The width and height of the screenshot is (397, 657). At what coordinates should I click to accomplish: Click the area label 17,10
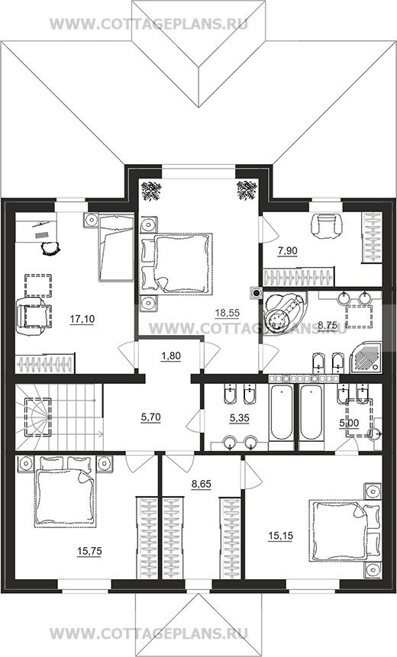tap(82, 319)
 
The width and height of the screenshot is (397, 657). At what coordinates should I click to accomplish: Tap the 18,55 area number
tap(228, 312)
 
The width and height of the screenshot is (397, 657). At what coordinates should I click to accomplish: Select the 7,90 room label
tap(287, 251)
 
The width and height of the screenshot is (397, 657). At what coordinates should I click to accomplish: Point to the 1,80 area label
tap(170, 356)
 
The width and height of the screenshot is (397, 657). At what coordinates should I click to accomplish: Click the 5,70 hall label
tap(150, 417)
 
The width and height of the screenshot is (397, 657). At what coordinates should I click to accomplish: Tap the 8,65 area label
tap(202, 484)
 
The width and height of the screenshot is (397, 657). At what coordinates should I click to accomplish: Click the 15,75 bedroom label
tap(89, 552)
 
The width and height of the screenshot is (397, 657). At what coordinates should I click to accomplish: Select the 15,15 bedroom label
tap(280, 536)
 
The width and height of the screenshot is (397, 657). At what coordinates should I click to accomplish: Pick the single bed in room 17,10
tap(116, 247)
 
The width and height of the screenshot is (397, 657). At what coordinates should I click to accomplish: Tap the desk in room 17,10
tap(36, 227)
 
